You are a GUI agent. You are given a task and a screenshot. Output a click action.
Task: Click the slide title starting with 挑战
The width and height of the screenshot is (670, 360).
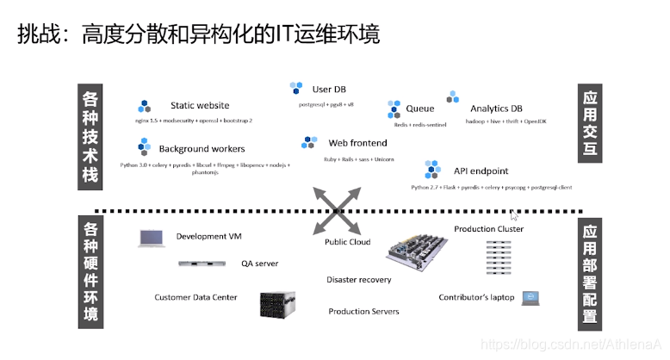[199, 34]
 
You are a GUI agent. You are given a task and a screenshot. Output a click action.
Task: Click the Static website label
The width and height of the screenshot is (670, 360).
[200, 106]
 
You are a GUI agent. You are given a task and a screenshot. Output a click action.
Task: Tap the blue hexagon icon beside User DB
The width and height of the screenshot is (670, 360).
[296, 89]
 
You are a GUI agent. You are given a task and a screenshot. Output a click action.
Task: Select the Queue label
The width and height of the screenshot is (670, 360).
[419, 109]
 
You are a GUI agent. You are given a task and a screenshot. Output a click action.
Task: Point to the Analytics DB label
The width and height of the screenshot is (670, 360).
[496, 109]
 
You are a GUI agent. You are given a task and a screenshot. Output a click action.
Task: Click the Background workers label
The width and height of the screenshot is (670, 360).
[202, 149]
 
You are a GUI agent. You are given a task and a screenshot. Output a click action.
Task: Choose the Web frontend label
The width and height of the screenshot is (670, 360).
[357, 143]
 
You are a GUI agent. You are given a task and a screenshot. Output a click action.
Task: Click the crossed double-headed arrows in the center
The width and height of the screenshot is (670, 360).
[336, 210]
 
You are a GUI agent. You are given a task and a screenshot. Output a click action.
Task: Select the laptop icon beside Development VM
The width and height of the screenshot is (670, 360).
[151, 237]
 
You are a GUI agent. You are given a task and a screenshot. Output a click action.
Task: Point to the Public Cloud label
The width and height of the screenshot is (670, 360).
[347, 242]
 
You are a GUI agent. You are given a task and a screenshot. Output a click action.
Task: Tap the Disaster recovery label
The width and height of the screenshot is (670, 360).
[358, 280]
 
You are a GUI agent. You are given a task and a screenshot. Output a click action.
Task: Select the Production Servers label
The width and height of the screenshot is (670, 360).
[363, 311]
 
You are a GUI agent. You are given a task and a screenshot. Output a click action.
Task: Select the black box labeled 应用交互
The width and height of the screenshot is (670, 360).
[590, 126]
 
